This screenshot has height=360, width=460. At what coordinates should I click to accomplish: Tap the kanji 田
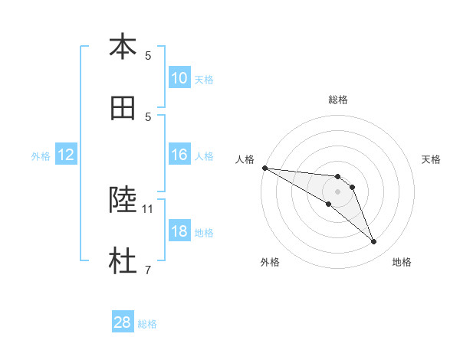123,108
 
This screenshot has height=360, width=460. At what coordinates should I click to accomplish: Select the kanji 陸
123,200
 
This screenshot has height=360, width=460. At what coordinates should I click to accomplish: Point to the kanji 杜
123,261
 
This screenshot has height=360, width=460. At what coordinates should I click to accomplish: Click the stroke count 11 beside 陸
148,208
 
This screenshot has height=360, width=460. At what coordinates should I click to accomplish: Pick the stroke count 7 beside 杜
148,270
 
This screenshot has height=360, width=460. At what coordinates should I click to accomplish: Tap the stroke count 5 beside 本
148,55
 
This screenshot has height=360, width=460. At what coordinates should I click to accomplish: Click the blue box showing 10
179,78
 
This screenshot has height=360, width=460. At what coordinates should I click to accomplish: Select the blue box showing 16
179,155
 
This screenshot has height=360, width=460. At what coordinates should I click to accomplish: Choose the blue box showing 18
179,231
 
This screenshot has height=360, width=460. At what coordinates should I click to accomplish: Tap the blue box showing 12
66,155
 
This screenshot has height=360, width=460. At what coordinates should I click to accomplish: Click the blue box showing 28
123,323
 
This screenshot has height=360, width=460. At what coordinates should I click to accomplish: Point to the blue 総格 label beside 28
148,324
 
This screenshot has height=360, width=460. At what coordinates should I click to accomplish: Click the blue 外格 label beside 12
41,155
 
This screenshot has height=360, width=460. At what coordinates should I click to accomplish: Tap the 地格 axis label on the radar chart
402,262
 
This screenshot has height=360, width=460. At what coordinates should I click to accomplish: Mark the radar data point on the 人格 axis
264,168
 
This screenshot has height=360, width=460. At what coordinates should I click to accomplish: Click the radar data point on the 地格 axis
374,242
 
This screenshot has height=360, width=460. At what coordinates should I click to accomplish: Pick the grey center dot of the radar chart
337,191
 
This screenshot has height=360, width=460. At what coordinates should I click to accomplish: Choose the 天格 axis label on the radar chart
432,159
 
